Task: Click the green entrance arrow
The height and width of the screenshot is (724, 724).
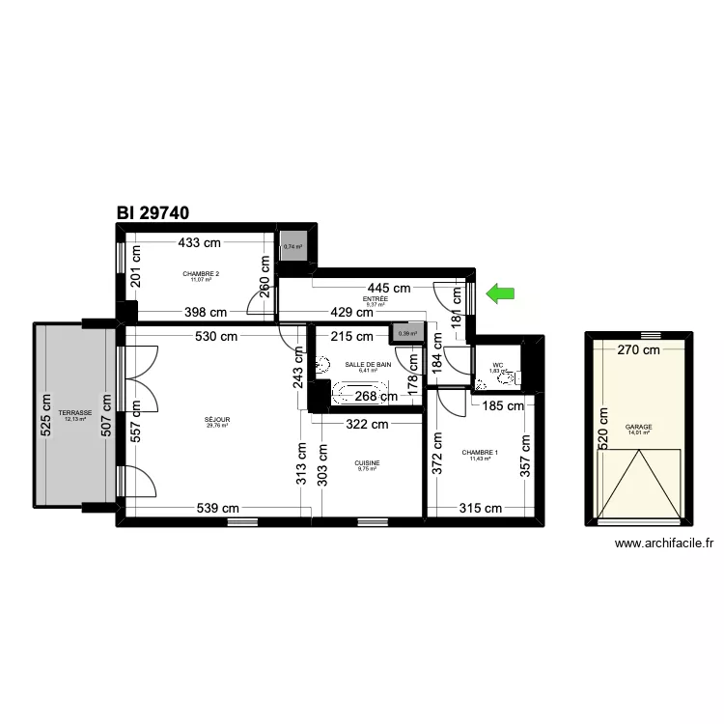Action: [x=500, y=293]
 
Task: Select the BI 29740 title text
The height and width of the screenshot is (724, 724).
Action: [x=153, y=213]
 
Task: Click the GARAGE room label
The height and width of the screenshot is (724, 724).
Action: [x=638, y=427]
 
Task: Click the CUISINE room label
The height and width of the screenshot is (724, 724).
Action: [x=367, y=463]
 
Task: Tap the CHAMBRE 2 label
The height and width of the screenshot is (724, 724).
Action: [x=201, y=274]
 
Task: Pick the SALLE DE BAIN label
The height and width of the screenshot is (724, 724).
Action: [x=368, y=365]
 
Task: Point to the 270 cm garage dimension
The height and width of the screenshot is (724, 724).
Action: [x=636, y=351]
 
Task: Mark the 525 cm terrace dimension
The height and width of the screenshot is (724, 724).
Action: [x=45, y=416]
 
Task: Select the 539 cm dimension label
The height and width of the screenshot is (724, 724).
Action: [x=217, y=509]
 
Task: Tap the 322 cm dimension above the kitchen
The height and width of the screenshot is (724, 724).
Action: [x=367, y=424]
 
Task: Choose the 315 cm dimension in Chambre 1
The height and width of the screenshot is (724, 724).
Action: [x=480, y=509]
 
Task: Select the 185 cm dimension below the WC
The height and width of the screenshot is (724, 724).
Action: [x=502, y=406]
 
